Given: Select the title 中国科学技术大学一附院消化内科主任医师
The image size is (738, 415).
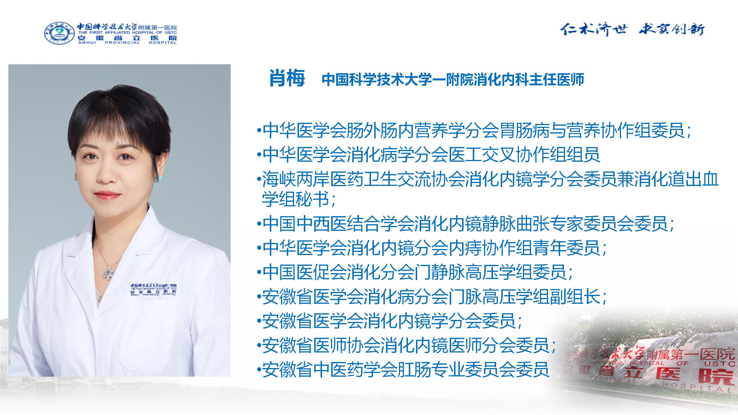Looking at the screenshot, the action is tap(453, 80).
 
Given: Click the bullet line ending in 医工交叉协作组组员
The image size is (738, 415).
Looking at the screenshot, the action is tap(428, 154).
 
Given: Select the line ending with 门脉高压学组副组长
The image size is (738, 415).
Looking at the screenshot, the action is tap(432, 297).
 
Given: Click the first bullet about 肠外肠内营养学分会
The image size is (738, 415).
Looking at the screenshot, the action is tap(474, 130).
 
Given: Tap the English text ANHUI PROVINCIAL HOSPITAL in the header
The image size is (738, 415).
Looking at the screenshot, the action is tap(127, 42).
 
